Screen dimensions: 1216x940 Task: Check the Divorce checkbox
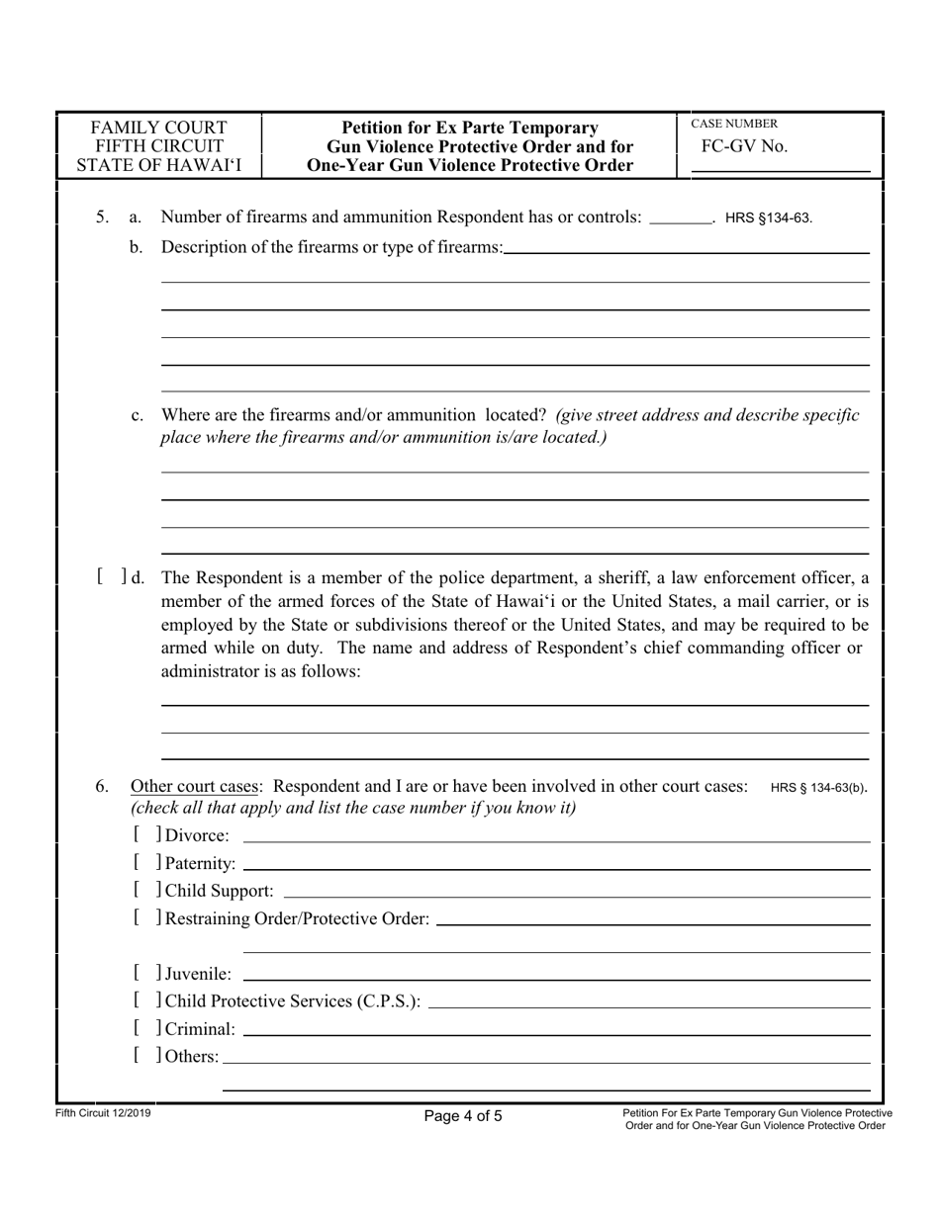coord(144,836)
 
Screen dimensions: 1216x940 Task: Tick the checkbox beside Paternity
coord(144,864)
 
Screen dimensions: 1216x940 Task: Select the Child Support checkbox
coord(144,892)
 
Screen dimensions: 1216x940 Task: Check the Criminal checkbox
coord(144,1029)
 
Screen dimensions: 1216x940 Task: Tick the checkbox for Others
coord(144,1057)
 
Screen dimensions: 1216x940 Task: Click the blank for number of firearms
coord(682,217)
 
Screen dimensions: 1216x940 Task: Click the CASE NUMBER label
coord(733,125)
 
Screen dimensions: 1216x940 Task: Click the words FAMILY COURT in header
coord(158,128)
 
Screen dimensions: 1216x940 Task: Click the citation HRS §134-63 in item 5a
coord(769,218)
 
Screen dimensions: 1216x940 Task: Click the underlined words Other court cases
coord(196,787)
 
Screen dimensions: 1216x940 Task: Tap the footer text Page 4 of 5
coord(463,1117)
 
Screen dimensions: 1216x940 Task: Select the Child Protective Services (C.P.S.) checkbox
coord(144,1001)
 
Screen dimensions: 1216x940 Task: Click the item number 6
coord(102,787)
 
